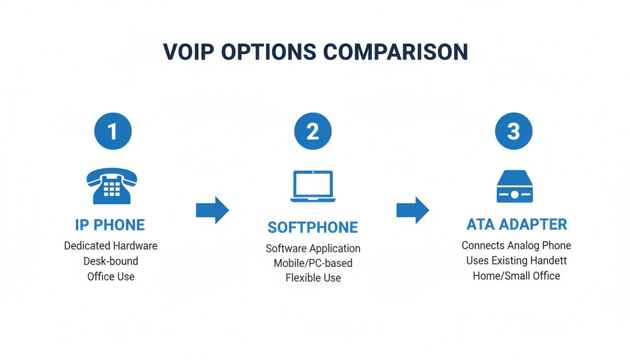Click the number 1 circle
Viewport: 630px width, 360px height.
tap(112, 131)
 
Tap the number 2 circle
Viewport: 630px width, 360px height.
tap(313, 131)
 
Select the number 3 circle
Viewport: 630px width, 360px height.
tap(514, 131)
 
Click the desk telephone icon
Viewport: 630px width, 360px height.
tap(111, 186)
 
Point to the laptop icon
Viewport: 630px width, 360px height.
tap(313, 187)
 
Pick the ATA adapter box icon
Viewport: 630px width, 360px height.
tap(514, 186)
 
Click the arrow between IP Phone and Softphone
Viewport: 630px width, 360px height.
tap(212, 210)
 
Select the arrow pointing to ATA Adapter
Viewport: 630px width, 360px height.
tap(412, 210)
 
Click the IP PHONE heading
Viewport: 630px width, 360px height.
tap(110, 225)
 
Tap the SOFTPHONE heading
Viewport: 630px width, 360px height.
tap(313, 228)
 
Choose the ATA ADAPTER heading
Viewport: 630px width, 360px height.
tap(517, 225)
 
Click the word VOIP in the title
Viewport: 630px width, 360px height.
tap(189, 52)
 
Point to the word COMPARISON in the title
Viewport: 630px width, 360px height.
tap(398, 52)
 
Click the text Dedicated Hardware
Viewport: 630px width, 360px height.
tap(111, 246)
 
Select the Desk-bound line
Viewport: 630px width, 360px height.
tap(111, 261)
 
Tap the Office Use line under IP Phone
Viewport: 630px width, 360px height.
tap(111, 277)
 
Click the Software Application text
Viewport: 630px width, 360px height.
tap(313, 248)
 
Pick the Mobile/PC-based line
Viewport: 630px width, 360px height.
tap(313, 263)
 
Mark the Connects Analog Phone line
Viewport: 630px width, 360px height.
tap(516, 246)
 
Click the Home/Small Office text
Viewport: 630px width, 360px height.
tap(516, 276)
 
